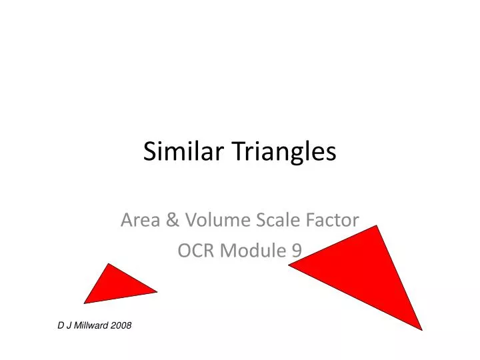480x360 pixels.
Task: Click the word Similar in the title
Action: pos(173,153)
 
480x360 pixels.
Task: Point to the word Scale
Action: pos(269,219)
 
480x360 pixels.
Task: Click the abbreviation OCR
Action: pos(195,250)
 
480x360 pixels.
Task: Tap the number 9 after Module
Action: pos(296,250)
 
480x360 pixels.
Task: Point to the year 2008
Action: pos(121,325)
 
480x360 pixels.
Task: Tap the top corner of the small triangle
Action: pos(108,263)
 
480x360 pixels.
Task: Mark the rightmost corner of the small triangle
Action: pos(157,291)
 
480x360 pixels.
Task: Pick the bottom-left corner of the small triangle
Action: pos(84,303)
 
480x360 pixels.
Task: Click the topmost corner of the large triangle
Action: pos(378,226)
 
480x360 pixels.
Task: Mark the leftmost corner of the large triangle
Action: pos(289,265)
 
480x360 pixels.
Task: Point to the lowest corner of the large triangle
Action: pos(422,329)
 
